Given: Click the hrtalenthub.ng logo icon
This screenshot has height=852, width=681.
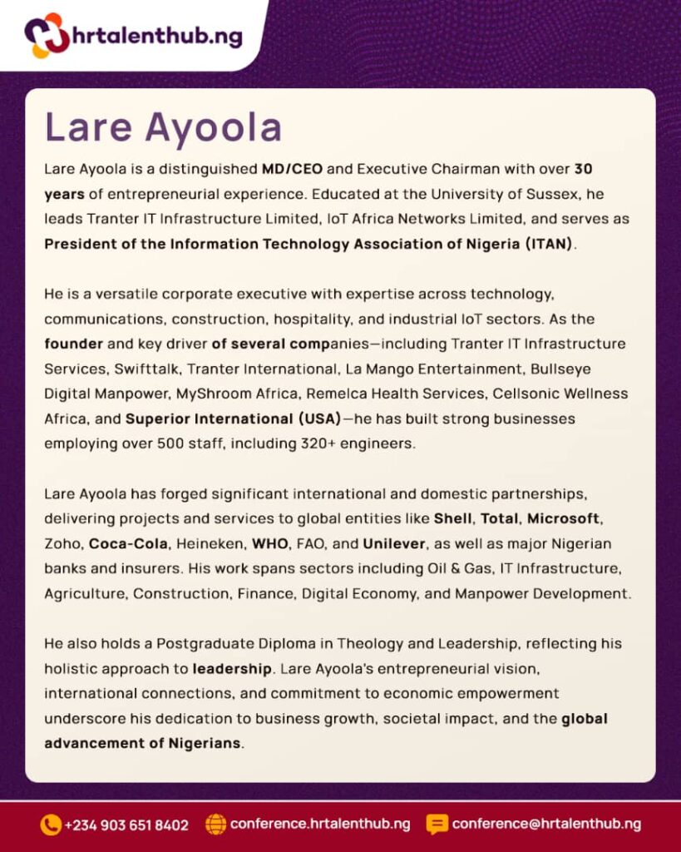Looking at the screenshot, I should [x=47, y=35].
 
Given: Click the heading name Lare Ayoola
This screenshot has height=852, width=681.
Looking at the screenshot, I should [x=164, y=127].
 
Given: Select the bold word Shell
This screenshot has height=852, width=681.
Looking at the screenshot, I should [x=453, y=519].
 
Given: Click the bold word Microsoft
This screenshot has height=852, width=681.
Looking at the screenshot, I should [x=563, y=519].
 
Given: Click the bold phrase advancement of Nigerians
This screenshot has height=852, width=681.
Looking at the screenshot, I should [x=142, y=743].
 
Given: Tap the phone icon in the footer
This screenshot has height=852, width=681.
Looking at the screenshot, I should [x=51, y=825].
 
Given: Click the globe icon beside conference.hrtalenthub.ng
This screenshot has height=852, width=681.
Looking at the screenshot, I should [x=215, y=825].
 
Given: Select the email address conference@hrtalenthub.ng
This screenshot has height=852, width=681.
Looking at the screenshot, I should [x=546, y=825].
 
